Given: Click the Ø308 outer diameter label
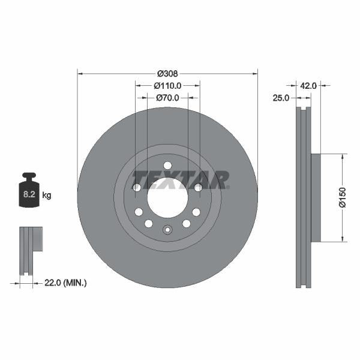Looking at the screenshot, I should [x=167, y=73].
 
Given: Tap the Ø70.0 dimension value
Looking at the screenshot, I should [x=169, y=97].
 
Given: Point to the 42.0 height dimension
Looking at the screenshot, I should [x=308, y=86].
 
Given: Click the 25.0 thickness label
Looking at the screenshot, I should [x=281, y=97].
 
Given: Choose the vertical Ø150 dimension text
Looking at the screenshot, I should [x=343, y=197].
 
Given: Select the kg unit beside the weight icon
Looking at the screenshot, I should [x=47, y=196].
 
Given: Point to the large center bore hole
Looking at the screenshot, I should [x=167, y=198].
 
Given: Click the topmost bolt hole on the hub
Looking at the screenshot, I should [x=167, y=166].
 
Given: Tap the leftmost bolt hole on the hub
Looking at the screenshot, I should [x=137, y=188].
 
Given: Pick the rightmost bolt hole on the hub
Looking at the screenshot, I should [x=198, y=188].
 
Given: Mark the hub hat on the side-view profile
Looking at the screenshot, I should [x=316, y=198].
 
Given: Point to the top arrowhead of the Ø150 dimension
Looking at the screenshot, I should [x=343, y=156].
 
